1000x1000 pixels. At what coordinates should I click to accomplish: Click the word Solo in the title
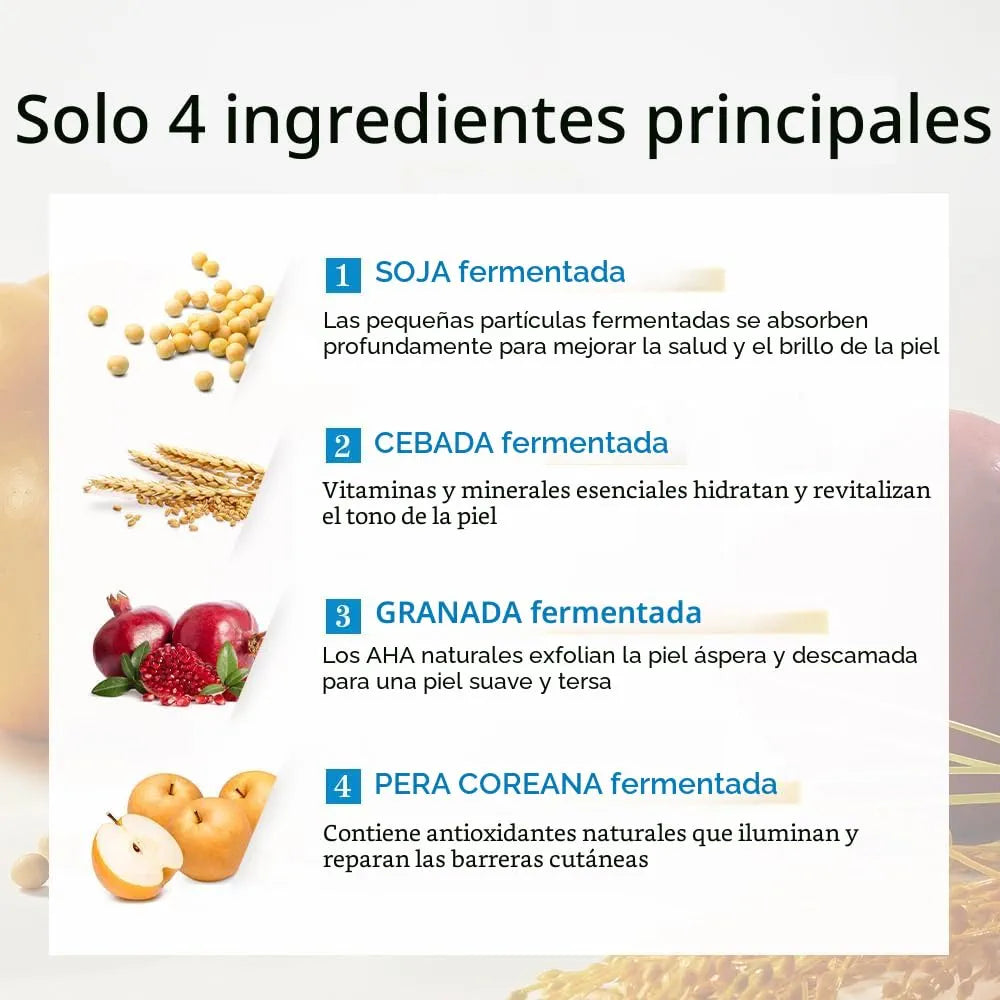coord(82,119)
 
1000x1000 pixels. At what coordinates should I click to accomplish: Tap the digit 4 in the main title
coord(188,120)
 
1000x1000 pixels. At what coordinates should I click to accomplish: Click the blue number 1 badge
coord(343,275)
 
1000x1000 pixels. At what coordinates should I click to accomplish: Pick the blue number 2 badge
coord(343,445)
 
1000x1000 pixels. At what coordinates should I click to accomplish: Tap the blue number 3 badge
coord(343,615)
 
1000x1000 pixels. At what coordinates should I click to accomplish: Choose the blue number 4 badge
coord(343,786)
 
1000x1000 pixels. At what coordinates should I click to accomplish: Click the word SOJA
coord(413,272)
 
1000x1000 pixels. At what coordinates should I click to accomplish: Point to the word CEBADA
coord(434,443)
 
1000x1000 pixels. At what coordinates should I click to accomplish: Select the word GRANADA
coord(449,613)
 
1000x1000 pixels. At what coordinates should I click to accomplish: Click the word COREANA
coord(530,784)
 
